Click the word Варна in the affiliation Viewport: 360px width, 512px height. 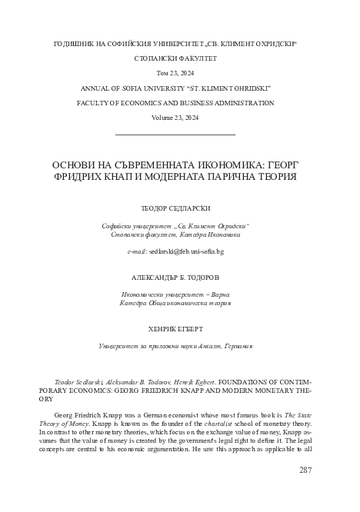pos(219,295)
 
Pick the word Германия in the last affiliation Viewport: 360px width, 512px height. pos(232,347)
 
